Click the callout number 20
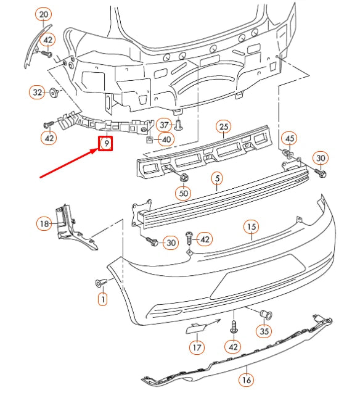(x=43, y=14)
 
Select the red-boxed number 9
(x=106, y=144)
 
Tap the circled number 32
(x=37, y=93)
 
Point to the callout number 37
(x=163, y=124)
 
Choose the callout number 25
(x=223, y=127)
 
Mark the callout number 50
(x=183, y=194)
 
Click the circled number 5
(x=216, y=179)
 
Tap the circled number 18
(x=43, y=223)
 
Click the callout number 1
(x=102, y=300)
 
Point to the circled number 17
(x=196, y=347)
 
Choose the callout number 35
(x=264, y=331)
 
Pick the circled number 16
(x=246, y=379)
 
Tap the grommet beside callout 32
(x=54, y=93)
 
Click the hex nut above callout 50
(x=183, y=179)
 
